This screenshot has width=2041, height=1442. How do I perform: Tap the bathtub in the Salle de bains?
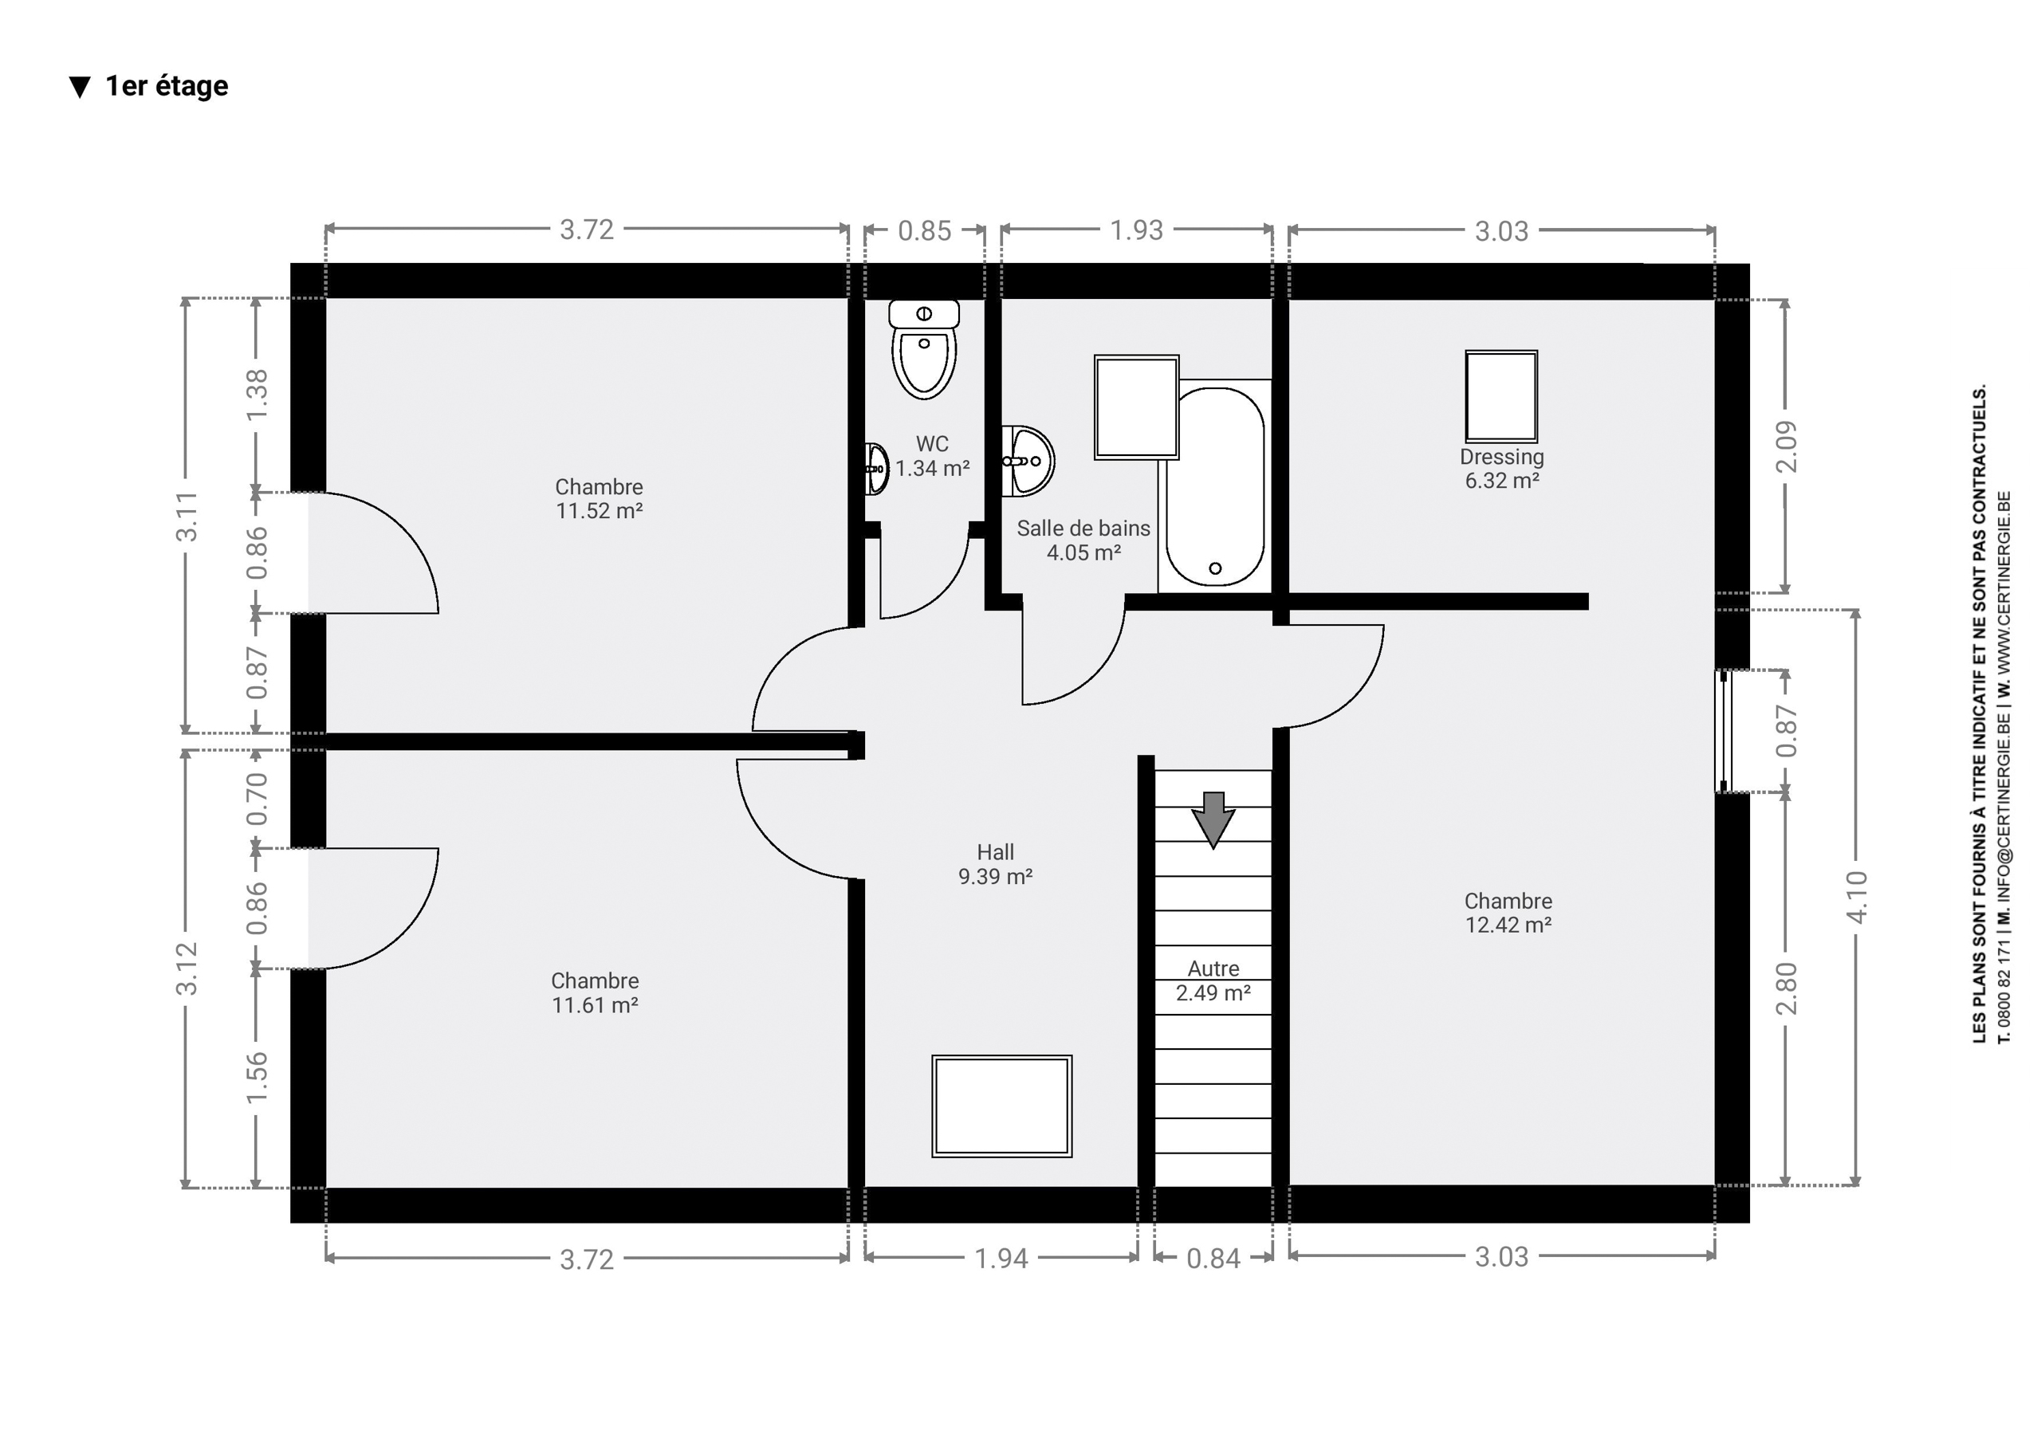click(1214, 486)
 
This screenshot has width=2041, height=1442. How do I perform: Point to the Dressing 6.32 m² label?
click(1501, 469)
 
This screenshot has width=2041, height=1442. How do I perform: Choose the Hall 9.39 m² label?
click(995, 864)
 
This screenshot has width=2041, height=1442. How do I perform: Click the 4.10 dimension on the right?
click(1857, 897)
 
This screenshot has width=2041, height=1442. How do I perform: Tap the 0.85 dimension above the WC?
click(925, 231)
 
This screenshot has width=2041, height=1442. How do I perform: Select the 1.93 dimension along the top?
click(1136, 230)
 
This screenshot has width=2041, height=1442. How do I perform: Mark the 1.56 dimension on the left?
click(256, 1078)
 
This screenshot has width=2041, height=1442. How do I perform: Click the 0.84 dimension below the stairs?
click(1213, 1259)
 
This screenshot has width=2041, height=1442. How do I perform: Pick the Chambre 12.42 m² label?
click(1508, 913)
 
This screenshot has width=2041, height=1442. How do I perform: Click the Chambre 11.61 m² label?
click(595, 993)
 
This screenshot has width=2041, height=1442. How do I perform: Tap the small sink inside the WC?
click(876, 469)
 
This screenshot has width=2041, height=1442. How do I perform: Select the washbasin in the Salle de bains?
click(1028, 461)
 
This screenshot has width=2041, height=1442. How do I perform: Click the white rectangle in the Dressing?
click(1501, 395)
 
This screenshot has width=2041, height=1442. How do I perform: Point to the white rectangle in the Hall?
click(1002, 1107)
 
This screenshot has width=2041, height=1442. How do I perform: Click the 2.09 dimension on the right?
click(1786, 446)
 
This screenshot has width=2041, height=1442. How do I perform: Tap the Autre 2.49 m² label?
click(1213, 980)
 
